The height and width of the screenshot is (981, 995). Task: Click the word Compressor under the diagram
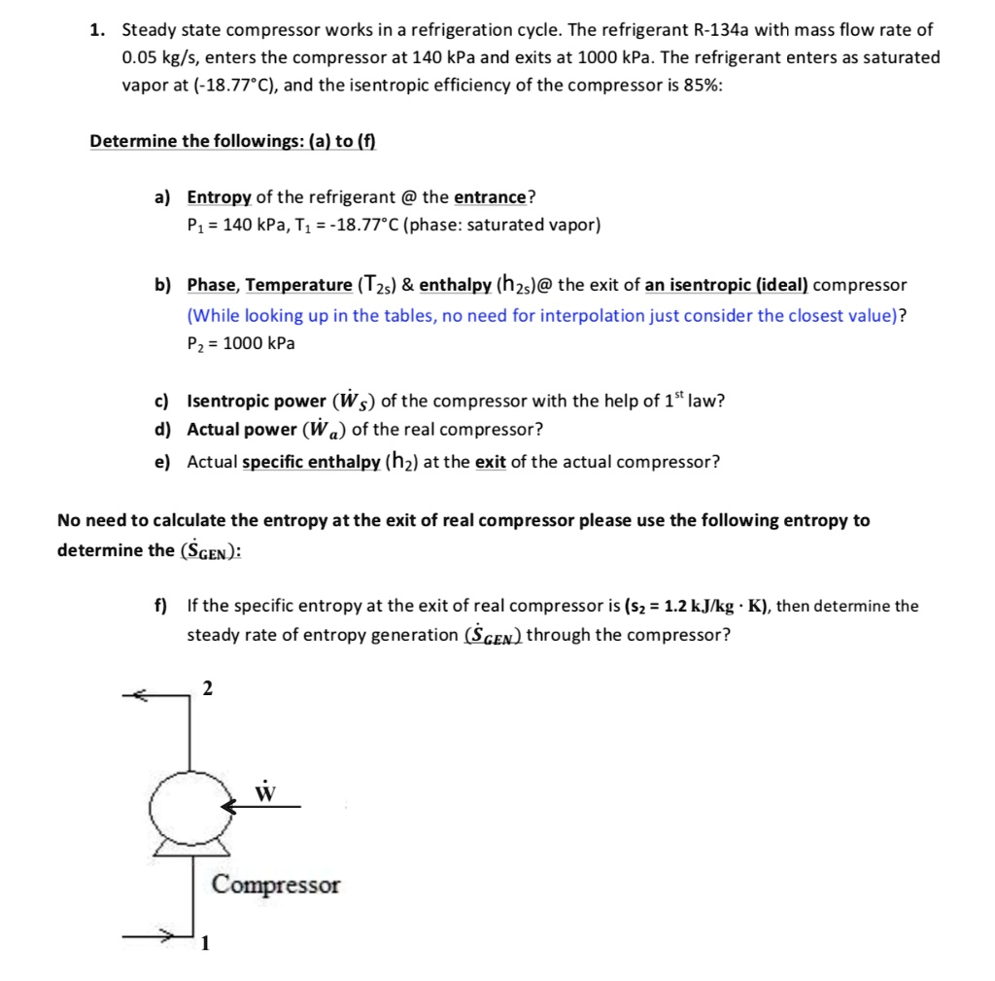276,885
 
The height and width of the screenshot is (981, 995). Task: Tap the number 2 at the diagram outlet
207,689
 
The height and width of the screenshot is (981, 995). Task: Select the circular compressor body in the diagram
192,806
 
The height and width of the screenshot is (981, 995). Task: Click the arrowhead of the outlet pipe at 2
141,694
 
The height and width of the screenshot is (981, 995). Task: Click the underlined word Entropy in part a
219,197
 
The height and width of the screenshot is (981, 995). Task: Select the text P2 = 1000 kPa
241,343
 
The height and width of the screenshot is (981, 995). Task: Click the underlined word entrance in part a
490,197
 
